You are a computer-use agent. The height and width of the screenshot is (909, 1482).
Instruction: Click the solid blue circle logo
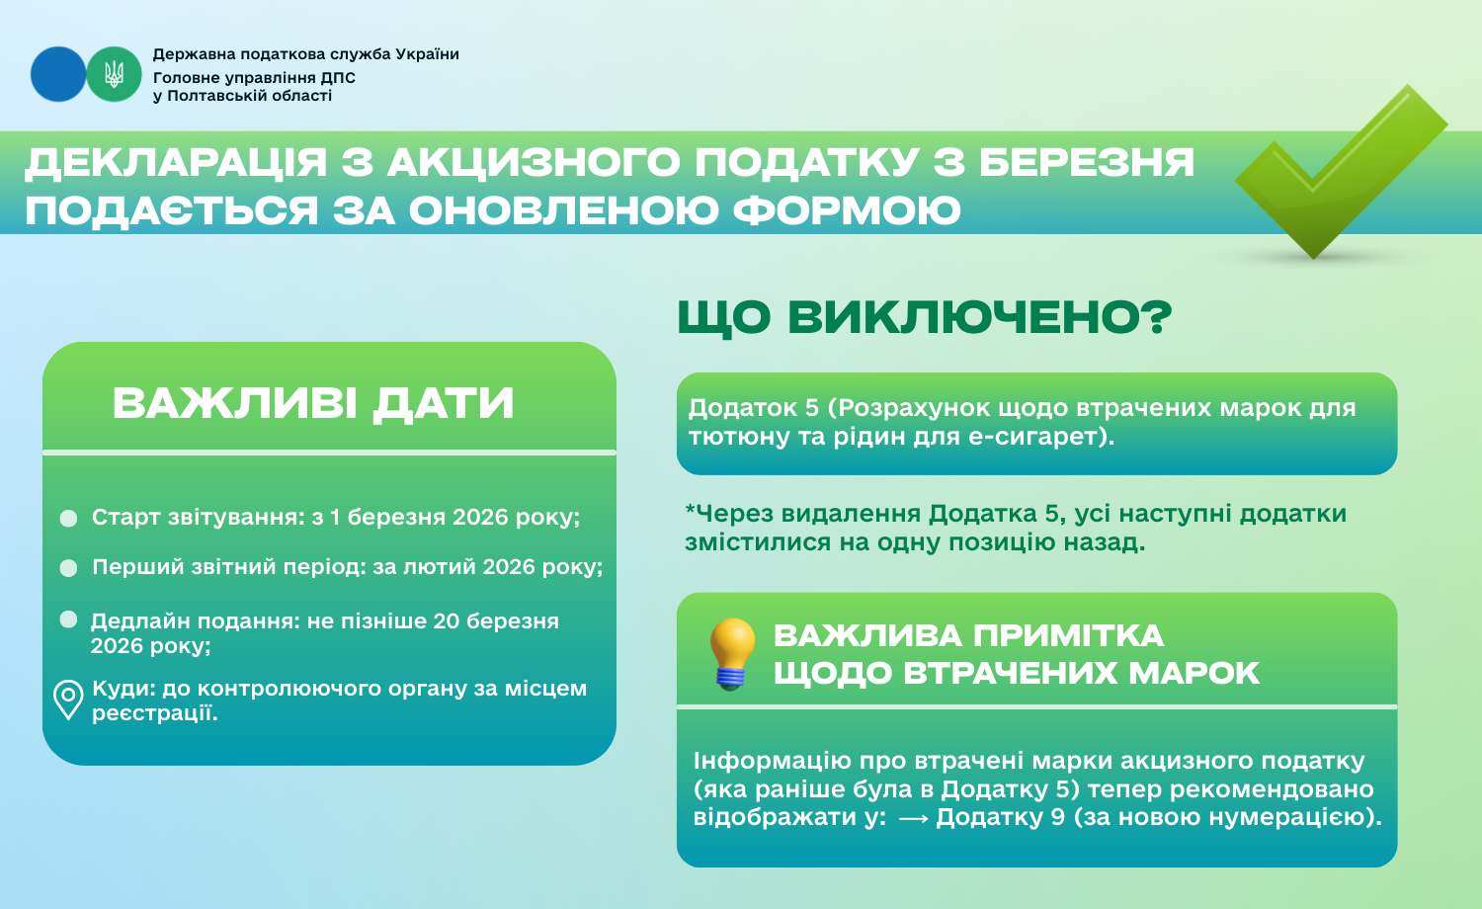[58, 74]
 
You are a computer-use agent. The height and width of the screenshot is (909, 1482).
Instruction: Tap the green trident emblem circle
[114, 74]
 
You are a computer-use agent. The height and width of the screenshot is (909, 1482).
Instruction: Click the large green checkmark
[1341, 172]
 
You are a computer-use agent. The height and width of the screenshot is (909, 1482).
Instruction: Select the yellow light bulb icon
[732, 654]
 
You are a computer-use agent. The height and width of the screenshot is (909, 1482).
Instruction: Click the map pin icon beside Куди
[68, 700]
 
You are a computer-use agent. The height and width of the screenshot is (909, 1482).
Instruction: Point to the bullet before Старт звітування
[69, 518]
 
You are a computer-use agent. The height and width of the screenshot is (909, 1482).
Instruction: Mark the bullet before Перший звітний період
[69, 568]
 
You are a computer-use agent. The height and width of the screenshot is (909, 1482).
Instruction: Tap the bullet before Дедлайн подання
[69, 620]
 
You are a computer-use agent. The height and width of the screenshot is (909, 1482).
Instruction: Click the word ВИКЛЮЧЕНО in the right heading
[979, 317]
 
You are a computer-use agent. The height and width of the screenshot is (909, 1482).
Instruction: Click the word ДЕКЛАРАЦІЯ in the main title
[176, 163]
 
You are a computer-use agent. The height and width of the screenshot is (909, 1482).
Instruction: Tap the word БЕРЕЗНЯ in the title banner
[1087, 162]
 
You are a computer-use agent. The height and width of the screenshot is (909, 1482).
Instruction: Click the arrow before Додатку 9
[914, 819]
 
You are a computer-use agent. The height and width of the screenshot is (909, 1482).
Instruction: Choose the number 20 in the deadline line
[448, 621]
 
